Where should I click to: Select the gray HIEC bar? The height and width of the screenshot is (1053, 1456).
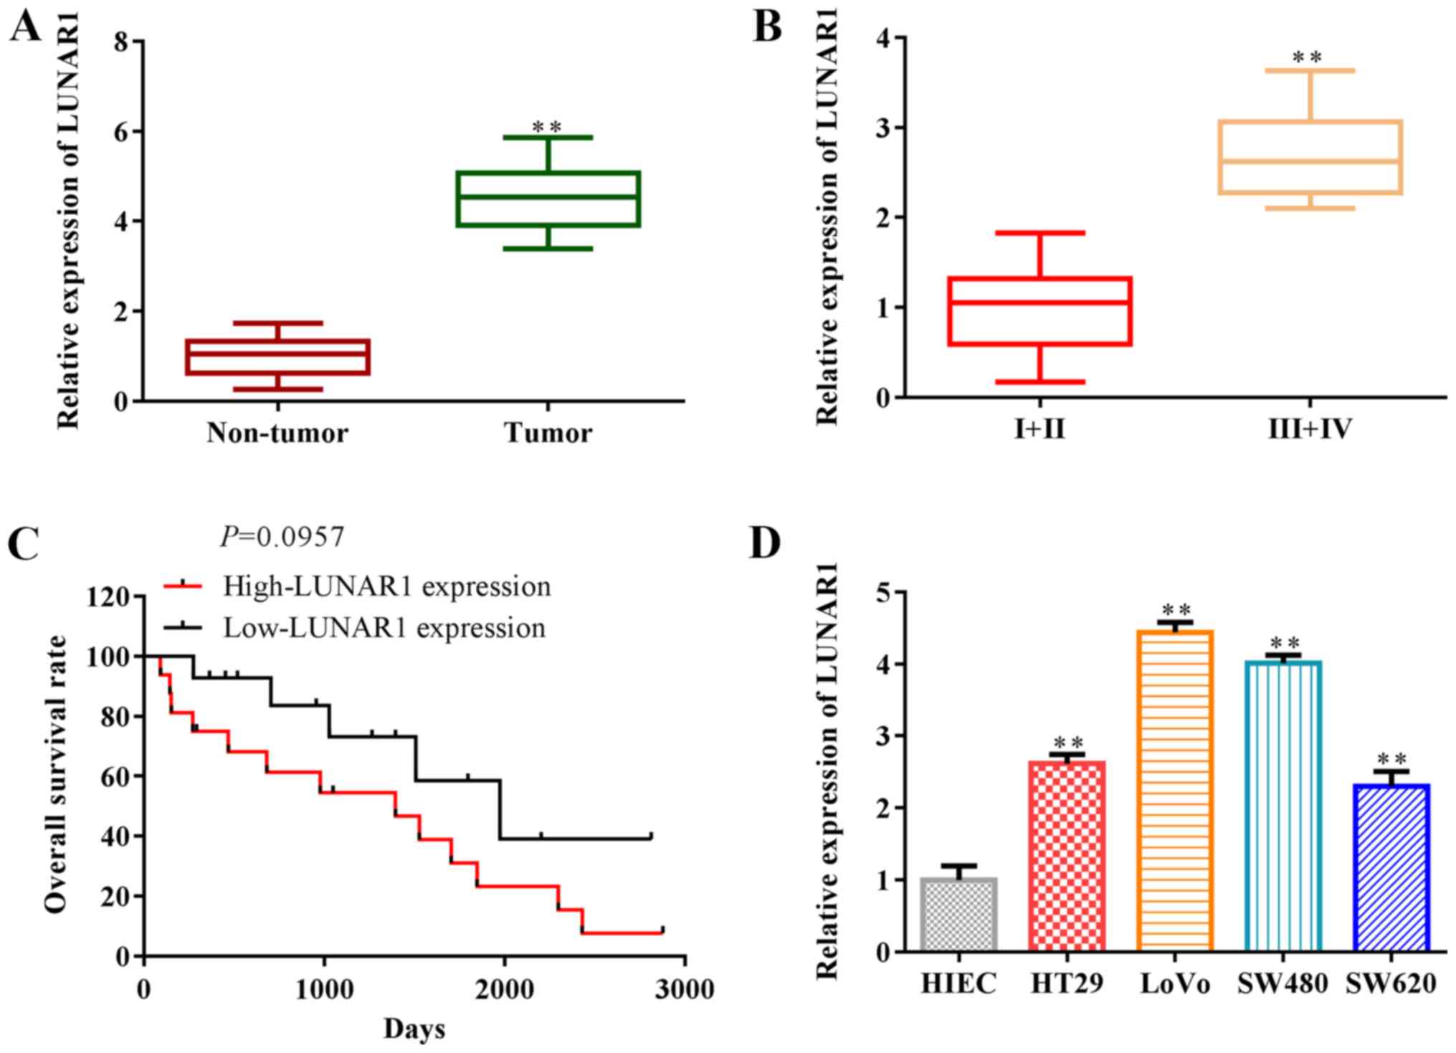958,915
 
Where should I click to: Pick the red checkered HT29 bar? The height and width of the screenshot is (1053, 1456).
1067,856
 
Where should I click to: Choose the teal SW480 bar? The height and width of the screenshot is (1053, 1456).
1283,806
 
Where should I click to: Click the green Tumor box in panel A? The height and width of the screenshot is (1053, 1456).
548,199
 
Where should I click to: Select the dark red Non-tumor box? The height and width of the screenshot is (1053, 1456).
277,356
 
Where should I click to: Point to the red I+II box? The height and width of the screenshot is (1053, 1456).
1039,311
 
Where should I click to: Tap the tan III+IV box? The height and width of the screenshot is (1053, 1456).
1310,157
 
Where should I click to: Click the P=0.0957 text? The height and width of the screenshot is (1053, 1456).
282,536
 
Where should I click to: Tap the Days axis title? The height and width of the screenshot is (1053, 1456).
414,1029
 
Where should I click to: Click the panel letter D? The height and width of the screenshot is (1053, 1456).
765,543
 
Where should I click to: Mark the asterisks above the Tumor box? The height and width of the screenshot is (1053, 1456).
547,128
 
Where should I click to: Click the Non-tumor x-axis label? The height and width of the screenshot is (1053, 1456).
277,433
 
